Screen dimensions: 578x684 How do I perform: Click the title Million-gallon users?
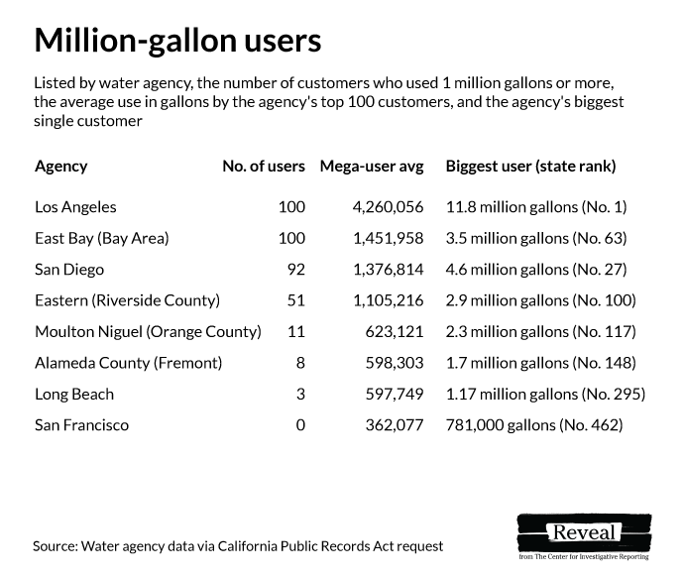tap(177, 41)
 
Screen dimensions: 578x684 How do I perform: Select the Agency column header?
tap(60, 167)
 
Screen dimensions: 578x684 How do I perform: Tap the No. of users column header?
tap(263, 167)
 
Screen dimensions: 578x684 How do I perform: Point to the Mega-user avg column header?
tap(371, 167)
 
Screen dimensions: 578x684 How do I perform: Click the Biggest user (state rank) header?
tap(530, 167)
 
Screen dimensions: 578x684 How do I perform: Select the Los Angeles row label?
tap(75, 207)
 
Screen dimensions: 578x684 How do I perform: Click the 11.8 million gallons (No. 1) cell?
tap(536, 207)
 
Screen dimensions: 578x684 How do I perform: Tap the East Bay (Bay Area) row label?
tap(102, 238)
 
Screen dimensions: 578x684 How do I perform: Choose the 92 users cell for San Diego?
tap(294, 269)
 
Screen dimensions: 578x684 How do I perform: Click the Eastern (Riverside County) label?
tap(127, 300)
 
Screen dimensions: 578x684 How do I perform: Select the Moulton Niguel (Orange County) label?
tap(148, 331)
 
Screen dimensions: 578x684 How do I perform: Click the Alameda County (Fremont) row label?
tap(128, 363)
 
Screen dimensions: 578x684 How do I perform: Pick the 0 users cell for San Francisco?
tap(299, 425)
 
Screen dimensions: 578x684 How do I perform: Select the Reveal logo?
tap(584, 535)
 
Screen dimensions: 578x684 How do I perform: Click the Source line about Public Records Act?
tap(237, 546)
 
